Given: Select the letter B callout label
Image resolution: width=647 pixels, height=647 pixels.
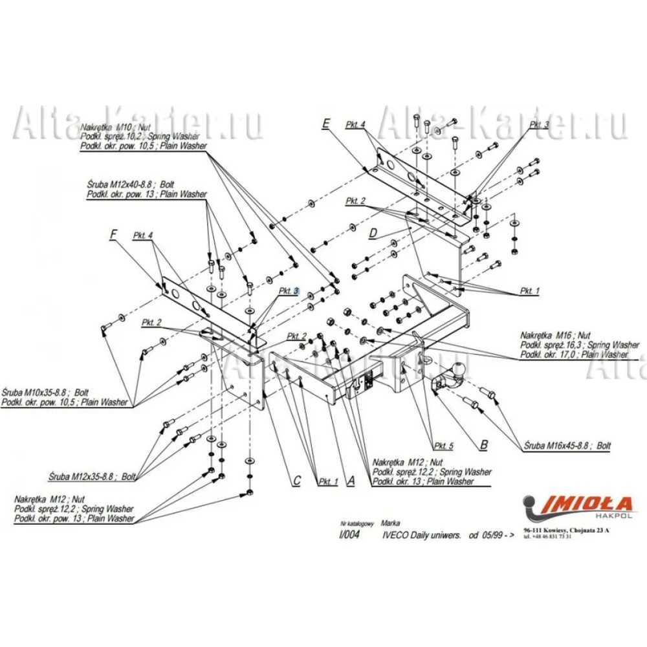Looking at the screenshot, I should pyautogui.click(x=483, y=444).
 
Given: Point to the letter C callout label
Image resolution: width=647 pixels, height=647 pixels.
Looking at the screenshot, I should pyautogui.click(x=297, y=481).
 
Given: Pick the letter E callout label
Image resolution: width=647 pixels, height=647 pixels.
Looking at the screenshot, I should pyautogui.click(x=326, y=122).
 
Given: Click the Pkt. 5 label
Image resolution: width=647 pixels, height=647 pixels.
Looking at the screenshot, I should pyautogui.click(x=444, y=446).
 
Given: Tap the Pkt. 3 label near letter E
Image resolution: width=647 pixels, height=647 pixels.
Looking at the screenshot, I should pyautogui.click(x=539, y=124).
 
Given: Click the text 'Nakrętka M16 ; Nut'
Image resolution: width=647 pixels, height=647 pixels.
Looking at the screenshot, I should pyautogui.click(x=555, y=335).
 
